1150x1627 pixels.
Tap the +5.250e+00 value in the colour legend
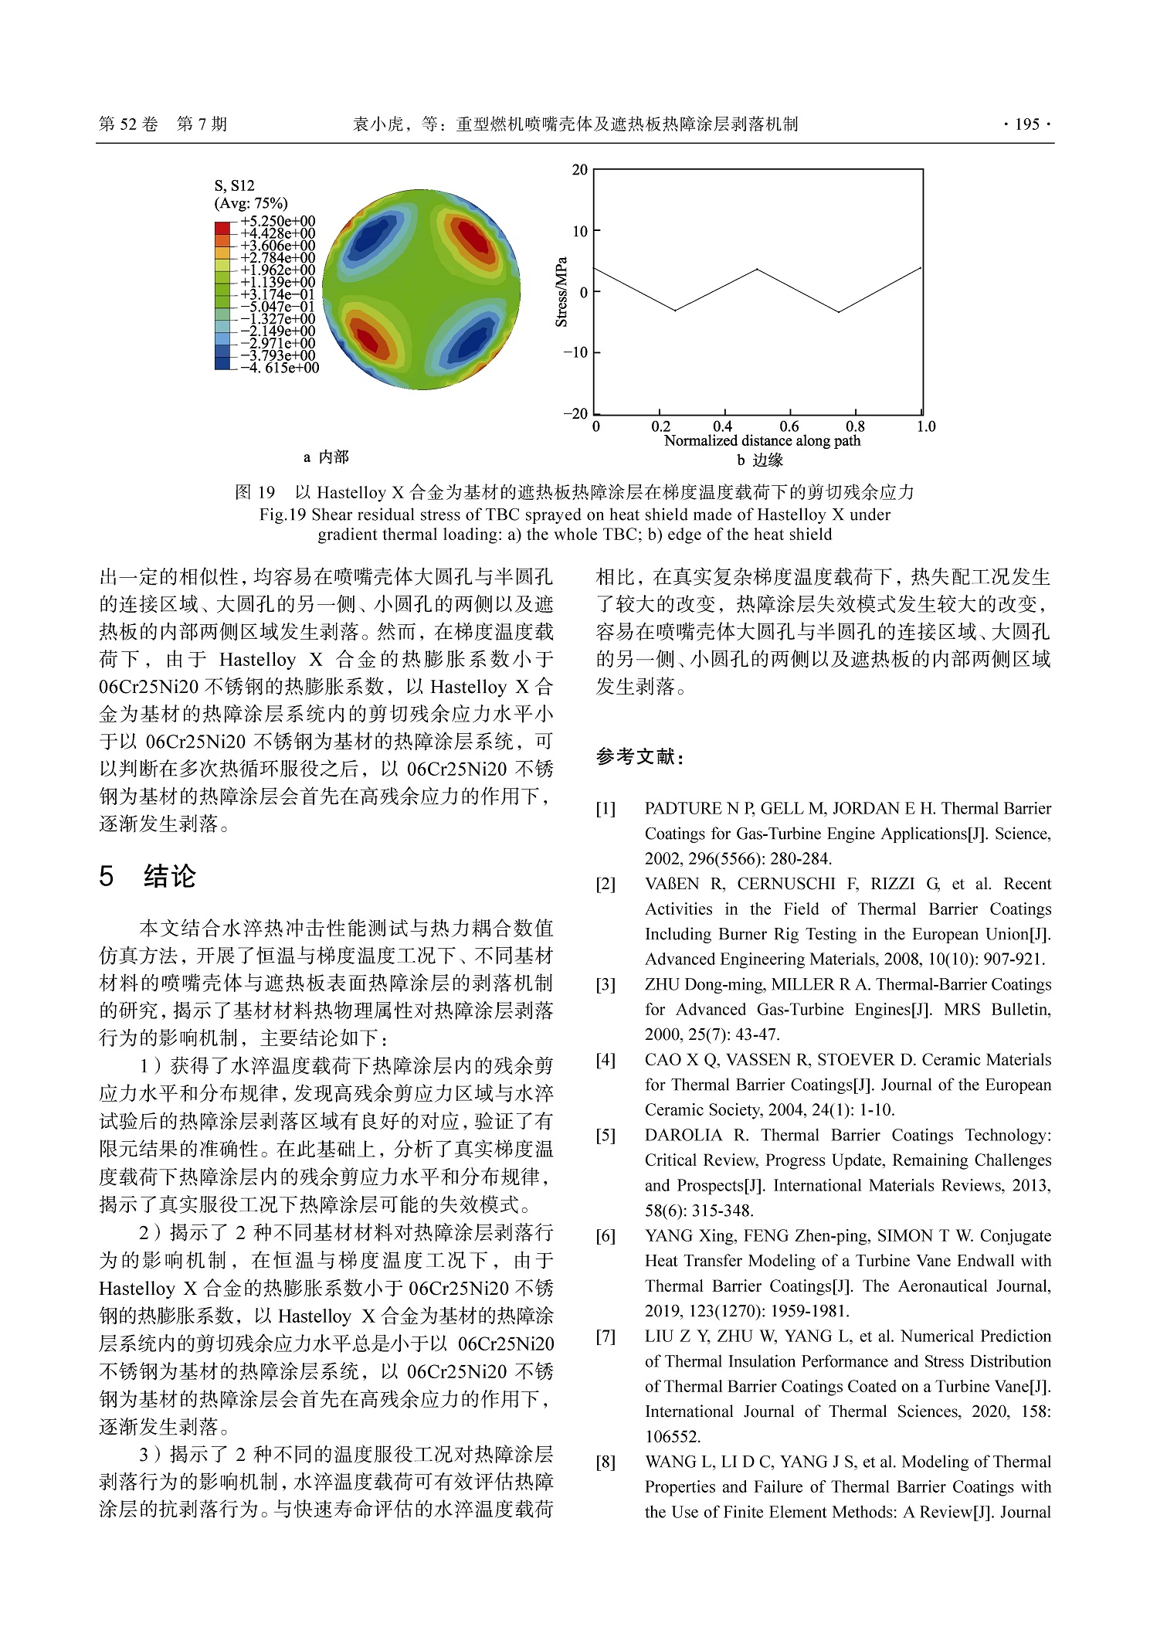click(x=277, y=221)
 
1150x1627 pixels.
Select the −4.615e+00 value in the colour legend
click(x=279, y=369)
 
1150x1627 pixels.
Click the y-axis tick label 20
click(x=579, y=170)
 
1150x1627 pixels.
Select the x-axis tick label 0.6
click(x=789, y=426)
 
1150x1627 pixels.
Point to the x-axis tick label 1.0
click(x=925, y=426)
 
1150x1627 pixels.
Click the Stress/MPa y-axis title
click(x=561, y=292)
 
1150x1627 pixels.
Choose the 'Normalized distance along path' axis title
click(x=762, y=441)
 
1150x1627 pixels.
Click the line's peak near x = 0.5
click(x=758, y=269)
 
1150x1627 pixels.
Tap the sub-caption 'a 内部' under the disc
click(x=325, y=457)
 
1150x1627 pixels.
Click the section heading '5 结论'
click(x=148, y=876)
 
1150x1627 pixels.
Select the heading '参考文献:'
click(x=639, y=757)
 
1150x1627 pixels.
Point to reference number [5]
click(x=606, y=1135)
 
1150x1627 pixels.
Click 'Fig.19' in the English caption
click(x=283, y=515)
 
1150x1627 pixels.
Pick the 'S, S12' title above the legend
click(x=234, y=185)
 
